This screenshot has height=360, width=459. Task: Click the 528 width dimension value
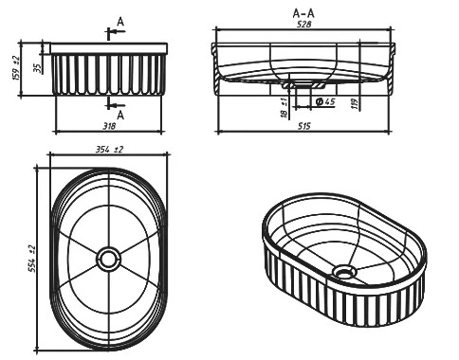pos(304,24)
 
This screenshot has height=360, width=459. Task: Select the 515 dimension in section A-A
pos(304,126)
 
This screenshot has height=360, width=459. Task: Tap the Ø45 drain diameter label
pos(325,101)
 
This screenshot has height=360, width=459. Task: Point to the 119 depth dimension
pos(356,104)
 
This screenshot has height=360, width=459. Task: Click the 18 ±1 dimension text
pos(284,107)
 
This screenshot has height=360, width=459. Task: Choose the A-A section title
pos(303,13)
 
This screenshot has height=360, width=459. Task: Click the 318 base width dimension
pos(109,126)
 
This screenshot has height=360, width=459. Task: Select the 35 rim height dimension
pos(38,68)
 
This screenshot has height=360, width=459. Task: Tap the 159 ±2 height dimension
pos(16,68)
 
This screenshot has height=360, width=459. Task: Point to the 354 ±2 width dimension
pos(109,150)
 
